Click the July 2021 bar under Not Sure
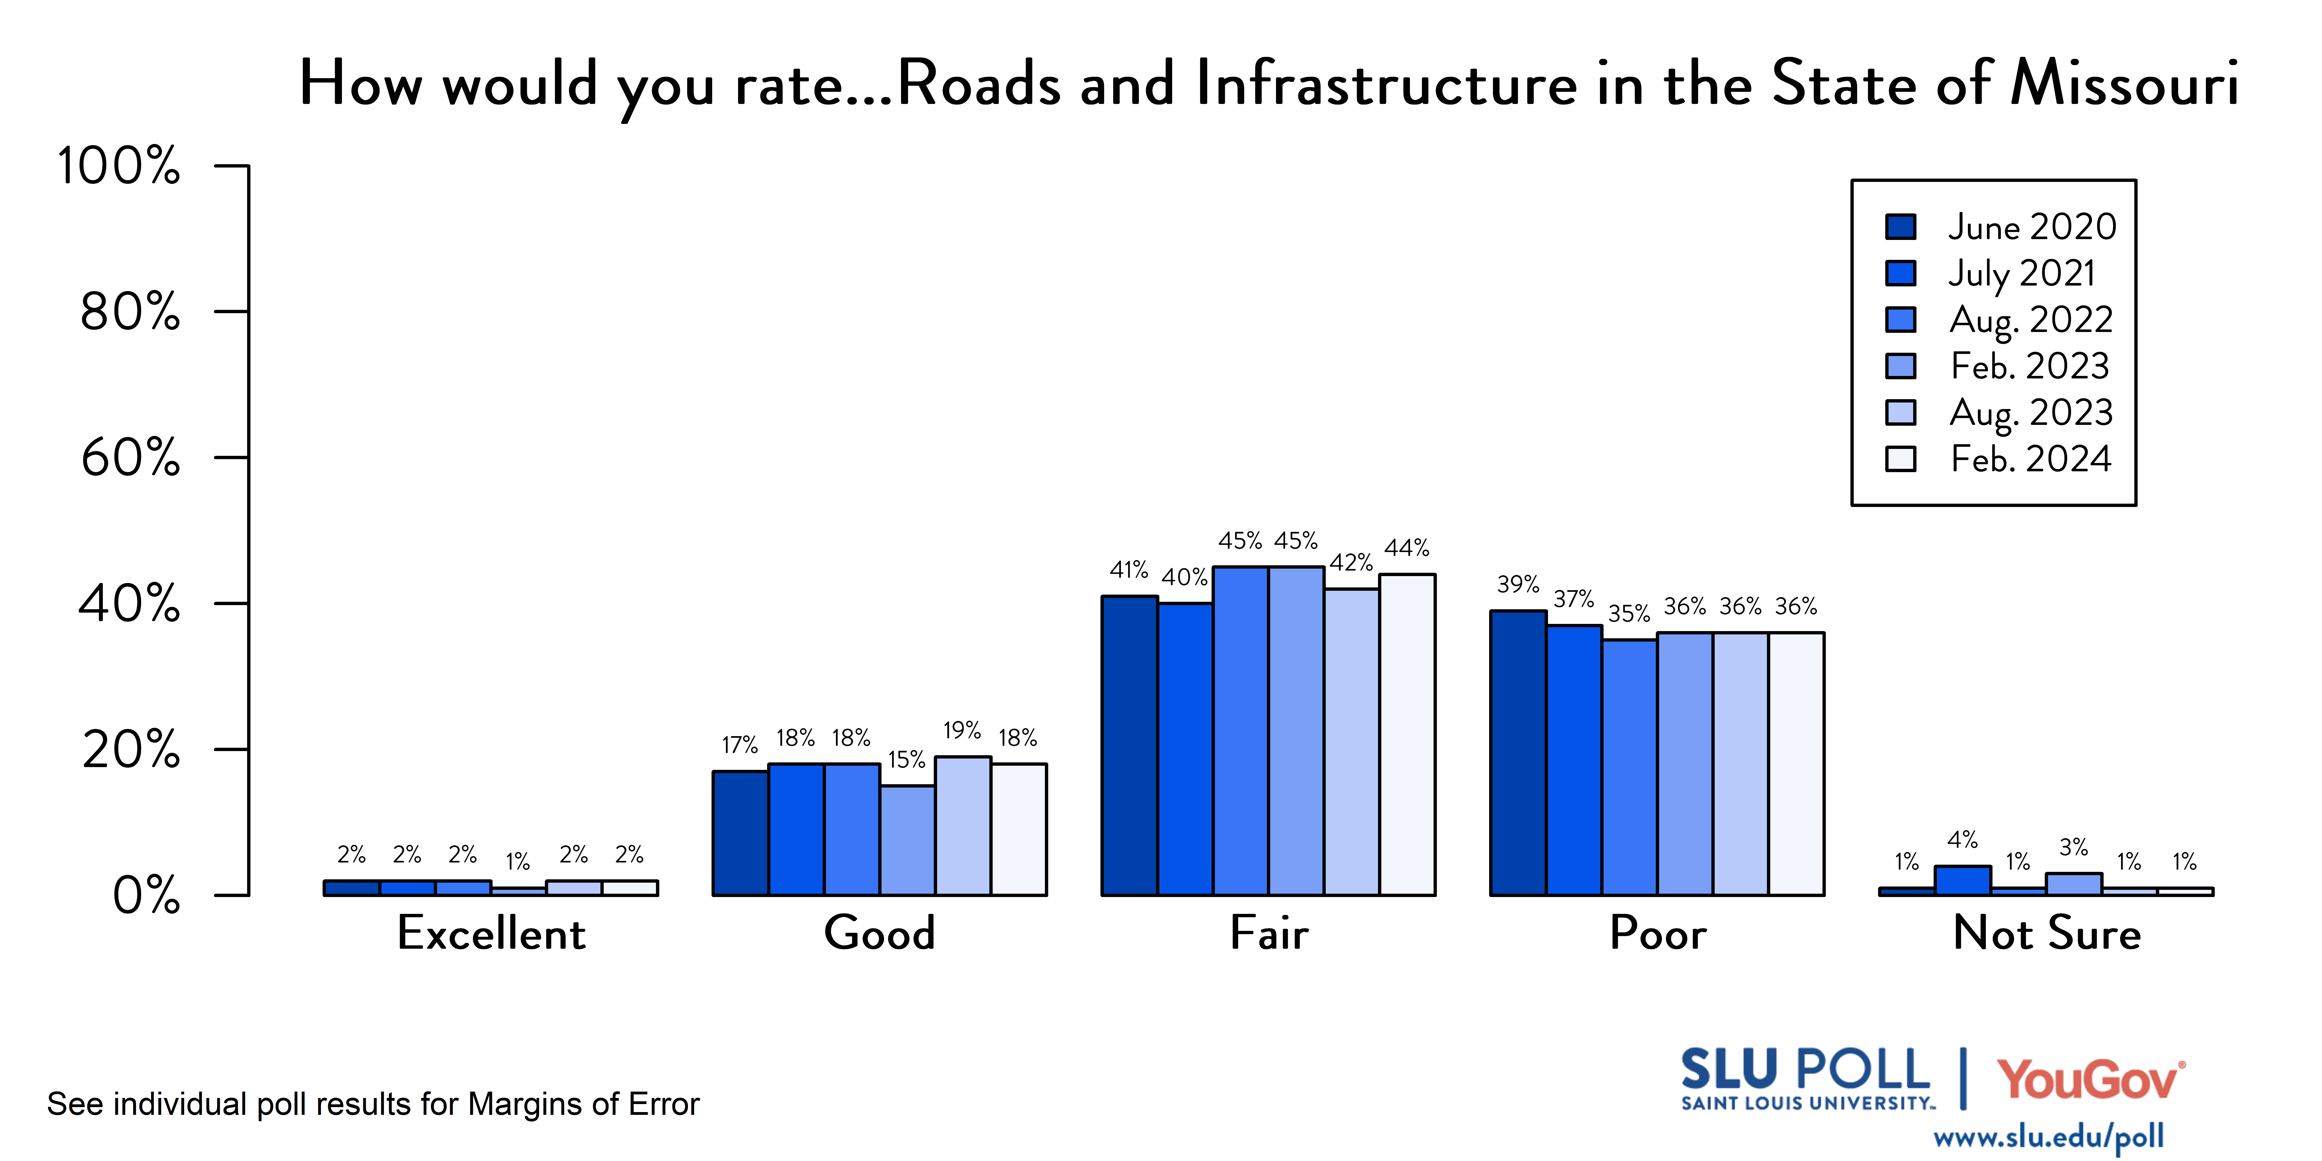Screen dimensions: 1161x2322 click(x=1962, y=881)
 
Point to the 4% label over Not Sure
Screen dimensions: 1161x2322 click(x=1962, y=840)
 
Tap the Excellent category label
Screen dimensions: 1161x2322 click(x=491, y=933)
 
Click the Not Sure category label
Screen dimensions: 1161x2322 click(x=2046, y=933)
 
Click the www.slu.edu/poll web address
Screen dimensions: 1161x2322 click(x=2048, y=1137)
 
